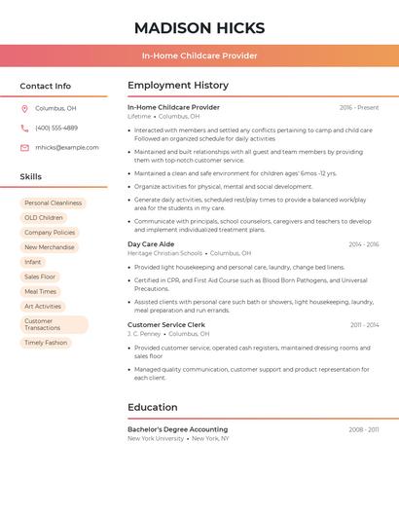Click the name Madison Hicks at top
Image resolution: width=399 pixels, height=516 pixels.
pos(199,27)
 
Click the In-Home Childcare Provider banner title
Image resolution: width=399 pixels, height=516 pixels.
pos(199,56)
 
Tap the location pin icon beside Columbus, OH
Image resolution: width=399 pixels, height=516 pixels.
pos(24,109)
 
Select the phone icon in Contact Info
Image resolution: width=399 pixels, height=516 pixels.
pos(24,128)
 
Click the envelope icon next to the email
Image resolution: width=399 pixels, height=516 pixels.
pos(24,148)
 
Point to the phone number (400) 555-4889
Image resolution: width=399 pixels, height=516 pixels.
pos(56,128)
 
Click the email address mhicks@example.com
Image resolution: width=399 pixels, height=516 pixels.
pos(67,148)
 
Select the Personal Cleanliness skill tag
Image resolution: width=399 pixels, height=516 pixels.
pos(53,203)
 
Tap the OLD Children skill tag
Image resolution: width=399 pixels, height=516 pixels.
pos(44,218)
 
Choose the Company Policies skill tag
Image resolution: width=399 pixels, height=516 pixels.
pos(50,233)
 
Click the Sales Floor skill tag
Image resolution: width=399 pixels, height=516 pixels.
pos(40,276)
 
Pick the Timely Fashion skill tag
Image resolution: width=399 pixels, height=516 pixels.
pos(46,343)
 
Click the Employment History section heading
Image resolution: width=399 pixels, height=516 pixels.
pos(178,86)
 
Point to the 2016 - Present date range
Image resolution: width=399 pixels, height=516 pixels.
pos(359,108)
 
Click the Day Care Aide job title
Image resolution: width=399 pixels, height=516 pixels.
pos(151,244)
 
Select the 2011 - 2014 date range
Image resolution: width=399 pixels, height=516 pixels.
pos(365,325)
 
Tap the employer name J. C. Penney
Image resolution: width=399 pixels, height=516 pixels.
pos(144,334)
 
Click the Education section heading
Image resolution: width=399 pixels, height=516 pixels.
pos(153,407)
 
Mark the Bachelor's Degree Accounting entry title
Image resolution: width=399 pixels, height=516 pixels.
pos(177,429)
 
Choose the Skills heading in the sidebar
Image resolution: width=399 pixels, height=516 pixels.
pos(31,177)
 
